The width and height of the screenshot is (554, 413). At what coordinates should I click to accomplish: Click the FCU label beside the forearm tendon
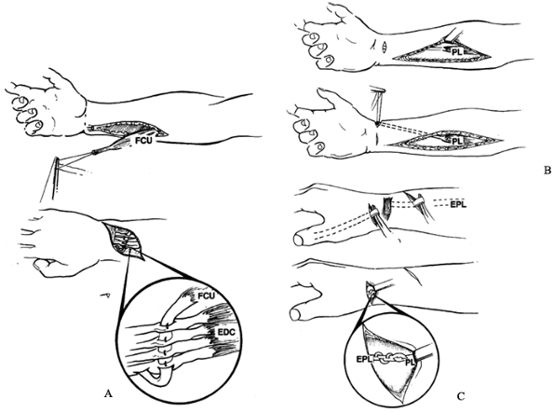tap(145, 141)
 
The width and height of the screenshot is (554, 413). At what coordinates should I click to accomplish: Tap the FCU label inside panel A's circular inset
tap(207, 296)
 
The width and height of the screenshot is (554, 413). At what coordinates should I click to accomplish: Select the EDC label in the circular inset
tap(225, 333)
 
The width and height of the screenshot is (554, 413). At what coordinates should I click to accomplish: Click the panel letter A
tap(109, 393)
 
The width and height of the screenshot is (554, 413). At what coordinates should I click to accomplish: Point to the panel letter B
tap(547, 171)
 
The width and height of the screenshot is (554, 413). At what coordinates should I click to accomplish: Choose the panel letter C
tap(460, 397)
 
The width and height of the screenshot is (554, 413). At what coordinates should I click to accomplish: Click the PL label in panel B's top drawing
tap(457, 52)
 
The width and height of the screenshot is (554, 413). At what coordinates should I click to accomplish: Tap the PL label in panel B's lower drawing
tap(457, 141)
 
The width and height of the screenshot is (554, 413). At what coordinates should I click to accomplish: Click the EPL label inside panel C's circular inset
tap(364, 360)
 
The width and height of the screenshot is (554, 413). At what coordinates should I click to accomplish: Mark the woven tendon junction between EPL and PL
tap(389, 357)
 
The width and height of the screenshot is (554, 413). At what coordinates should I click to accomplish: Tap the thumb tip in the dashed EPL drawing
tap(298, 241)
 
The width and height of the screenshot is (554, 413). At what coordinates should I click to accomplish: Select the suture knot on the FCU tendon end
tap(94, 153)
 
